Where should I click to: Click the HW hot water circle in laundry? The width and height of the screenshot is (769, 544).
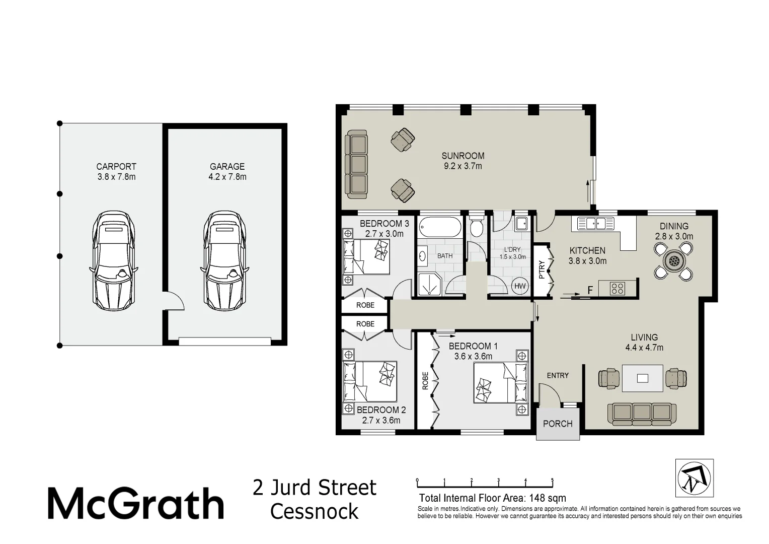pyautogui.click(x=520, y=286)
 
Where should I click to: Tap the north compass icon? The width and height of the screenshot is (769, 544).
pyautogui.click(x=694, y=478)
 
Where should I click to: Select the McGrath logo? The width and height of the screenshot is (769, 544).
pyautogui.click(x=135, y=503)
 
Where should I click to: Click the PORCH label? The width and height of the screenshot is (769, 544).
pyautogui.click(x=558, y=424)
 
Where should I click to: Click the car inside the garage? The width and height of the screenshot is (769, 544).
pyautogui.click(x=224, y=261)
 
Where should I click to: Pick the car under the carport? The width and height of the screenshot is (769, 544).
pyautogui.click(x=114, y=261)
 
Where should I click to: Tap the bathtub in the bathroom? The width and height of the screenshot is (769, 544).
pyautogui.click(x=440, y=227)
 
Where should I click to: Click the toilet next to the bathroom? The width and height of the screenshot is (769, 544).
pyautogui.click(x=476, y=226)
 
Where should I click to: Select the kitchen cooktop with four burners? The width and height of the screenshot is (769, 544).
pyautogui.click(x=618, y=289)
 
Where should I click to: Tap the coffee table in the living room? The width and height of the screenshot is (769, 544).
pyautogui.click(x=643, y=378)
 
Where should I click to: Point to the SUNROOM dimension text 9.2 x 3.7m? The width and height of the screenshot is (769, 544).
pyautogui.click(x=463, y=166)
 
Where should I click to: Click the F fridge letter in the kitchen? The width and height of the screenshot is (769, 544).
pyautogui.click(x=590, y=290)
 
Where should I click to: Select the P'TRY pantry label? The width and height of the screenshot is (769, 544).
pyautogui.click(x=542, y=269)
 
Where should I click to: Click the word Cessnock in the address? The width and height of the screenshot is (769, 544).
pyautogui.click(x=314, y=511)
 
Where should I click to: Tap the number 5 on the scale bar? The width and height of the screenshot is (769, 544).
pyautogui.click(x=552, y=480)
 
